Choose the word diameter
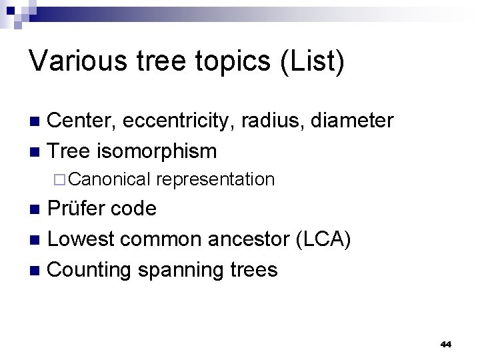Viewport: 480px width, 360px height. pos(351,121)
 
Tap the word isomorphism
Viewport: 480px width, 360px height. pos(157,151)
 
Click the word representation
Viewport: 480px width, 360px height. pos(217,179)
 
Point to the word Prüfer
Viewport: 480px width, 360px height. pos(78,209)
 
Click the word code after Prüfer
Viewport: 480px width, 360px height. pos(135,209)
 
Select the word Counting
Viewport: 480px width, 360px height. pos(91,269)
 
